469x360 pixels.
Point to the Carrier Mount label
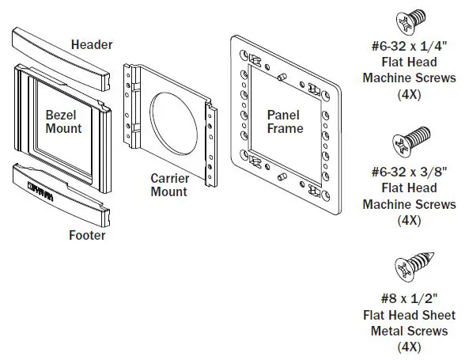(x=168, y=184)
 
